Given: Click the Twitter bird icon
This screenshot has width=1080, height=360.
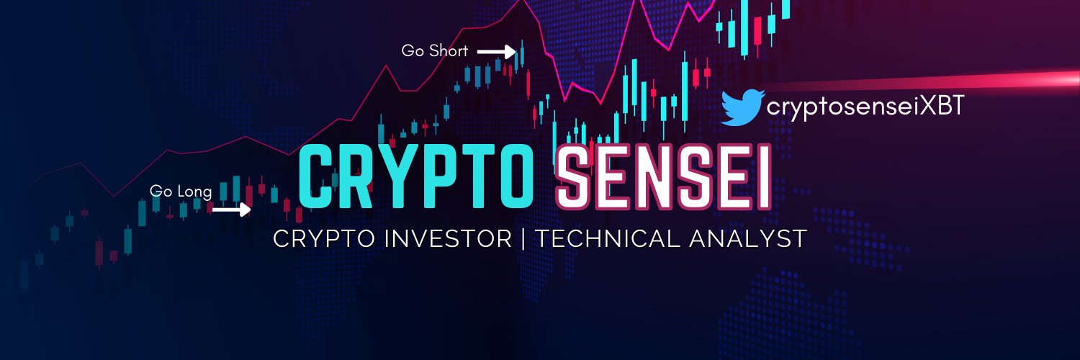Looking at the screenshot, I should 742,107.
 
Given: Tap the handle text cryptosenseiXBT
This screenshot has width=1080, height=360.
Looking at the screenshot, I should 865,107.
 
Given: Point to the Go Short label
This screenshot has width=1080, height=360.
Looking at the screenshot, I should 434,51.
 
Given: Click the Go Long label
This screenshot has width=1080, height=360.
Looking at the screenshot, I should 181,191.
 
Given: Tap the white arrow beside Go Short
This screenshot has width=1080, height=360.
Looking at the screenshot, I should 497,51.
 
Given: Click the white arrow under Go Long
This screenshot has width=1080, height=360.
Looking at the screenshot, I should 231,210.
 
